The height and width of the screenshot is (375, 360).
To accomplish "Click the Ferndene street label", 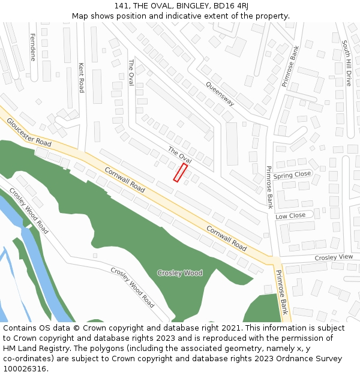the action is (32, 47).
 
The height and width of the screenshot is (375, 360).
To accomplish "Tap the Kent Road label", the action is (81, 77).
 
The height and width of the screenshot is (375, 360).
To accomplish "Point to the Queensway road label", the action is (220, 94).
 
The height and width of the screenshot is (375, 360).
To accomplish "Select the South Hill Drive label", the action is (346, 63).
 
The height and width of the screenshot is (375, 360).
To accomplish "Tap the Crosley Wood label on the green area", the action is (179, 273).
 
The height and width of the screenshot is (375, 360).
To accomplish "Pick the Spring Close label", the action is (292, 175).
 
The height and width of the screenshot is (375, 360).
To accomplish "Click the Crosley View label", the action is (334, 257).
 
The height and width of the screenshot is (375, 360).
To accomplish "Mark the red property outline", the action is (180, 172).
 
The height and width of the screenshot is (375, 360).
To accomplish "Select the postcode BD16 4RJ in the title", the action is (229, 6).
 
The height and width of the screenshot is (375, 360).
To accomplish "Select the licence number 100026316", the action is (25, 369).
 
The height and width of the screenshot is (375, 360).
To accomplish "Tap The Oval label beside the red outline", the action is (179, 155).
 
